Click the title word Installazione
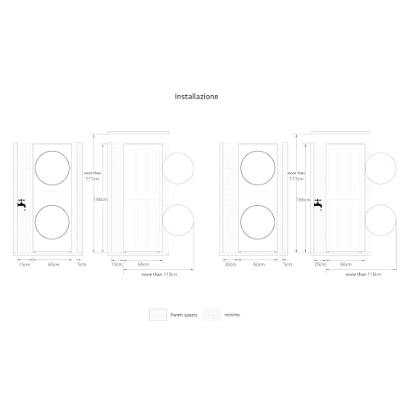coord(196,96)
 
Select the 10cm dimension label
coord(116,265)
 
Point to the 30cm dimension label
coord(230,265)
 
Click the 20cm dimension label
coord(320,265)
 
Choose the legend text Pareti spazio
coord(184,314)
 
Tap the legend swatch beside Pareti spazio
coord(157,314)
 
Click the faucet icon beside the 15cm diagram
coord(20,205)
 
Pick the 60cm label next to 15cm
coord(54,265)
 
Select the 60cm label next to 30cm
coord(259,265)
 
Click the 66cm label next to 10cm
coord(143,265)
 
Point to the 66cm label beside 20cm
coord(345,265)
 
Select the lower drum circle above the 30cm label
coord(259,222)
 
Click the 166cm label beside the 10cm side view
coord(100,199)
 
